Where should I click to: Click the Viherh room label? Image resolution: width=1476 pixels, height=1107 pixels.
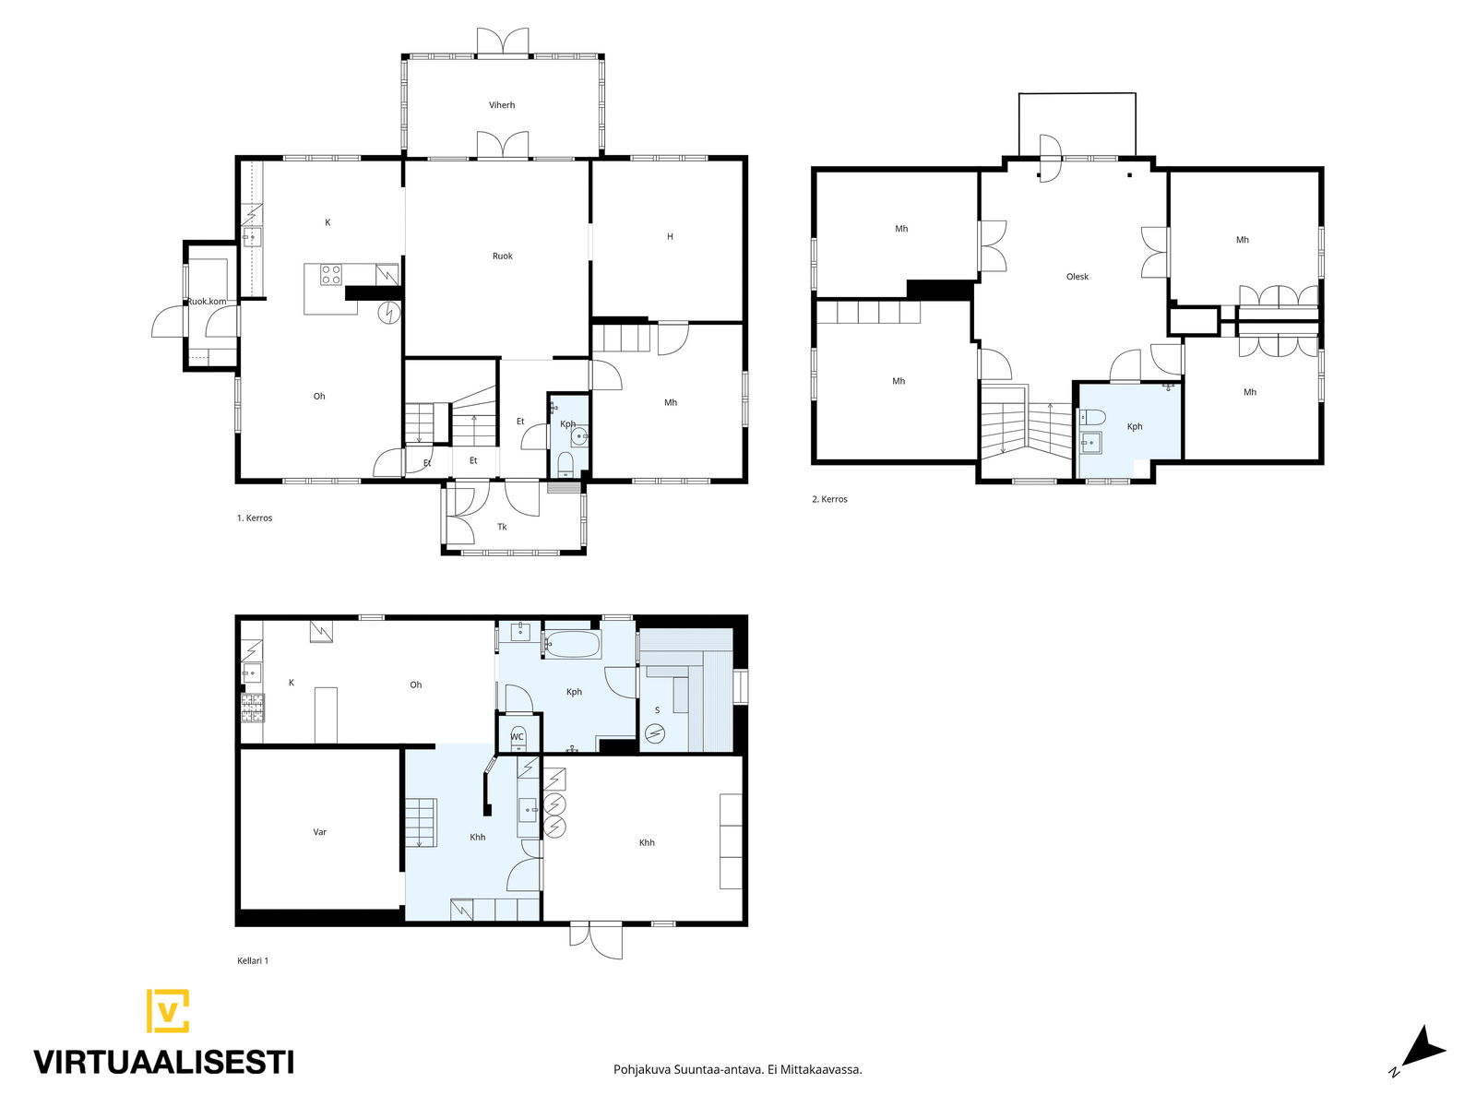point(502,105)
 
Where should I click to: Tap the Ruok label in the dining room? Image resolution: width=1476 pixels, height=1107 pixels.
point(503,256)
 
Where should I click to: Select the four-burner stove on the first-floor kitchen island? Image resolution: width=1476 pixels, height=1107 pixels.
point(331,275)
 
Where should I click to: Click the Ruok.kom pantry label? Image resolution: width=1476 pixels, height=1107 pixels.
point(207,301)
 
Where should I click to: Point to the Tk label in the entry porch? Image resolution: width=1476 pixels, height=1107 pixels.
point(502,527)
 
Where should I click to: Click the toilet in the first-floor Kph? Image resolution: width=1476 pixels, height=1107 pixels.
point(565,463)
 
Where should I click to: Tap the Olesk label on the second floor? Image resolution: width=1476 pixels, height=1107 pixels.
point(1077,276)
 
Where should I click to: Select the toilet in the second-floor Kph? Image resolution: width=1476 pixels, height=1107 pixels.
point(1092,417)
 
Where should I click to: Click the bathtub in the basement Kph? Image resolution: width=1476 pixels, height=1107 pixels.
point(572,645)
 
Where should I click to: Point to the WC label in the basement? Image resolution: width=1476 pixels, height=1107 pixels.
point(517,737)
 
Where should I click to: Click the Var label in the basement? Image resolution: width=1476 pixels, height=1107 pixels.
point(319,832)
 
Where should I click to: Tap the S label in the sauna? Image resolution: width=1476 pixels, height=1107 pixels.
point(657,710)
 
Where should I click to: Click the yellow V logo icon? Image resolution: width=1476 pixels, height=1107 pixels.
point(168,1010)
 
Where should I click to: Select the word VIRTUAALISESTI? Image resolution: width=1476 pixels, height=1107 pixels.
point(164,1062)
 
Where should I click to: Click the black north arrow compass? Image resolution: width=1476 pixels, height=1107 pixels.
point(1425,1056)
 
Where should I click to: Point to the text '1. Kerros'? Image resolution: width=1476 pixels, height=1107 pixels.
point(255,518)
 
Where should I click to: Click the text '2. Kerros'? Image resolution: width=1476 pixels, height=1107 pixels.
point(829,499)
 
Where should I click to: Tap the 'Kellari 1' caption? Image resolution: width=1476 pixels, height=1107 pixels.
point(253,961)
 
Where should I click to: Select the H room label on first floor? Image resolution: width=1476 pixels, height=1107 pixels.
point(670,236)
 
